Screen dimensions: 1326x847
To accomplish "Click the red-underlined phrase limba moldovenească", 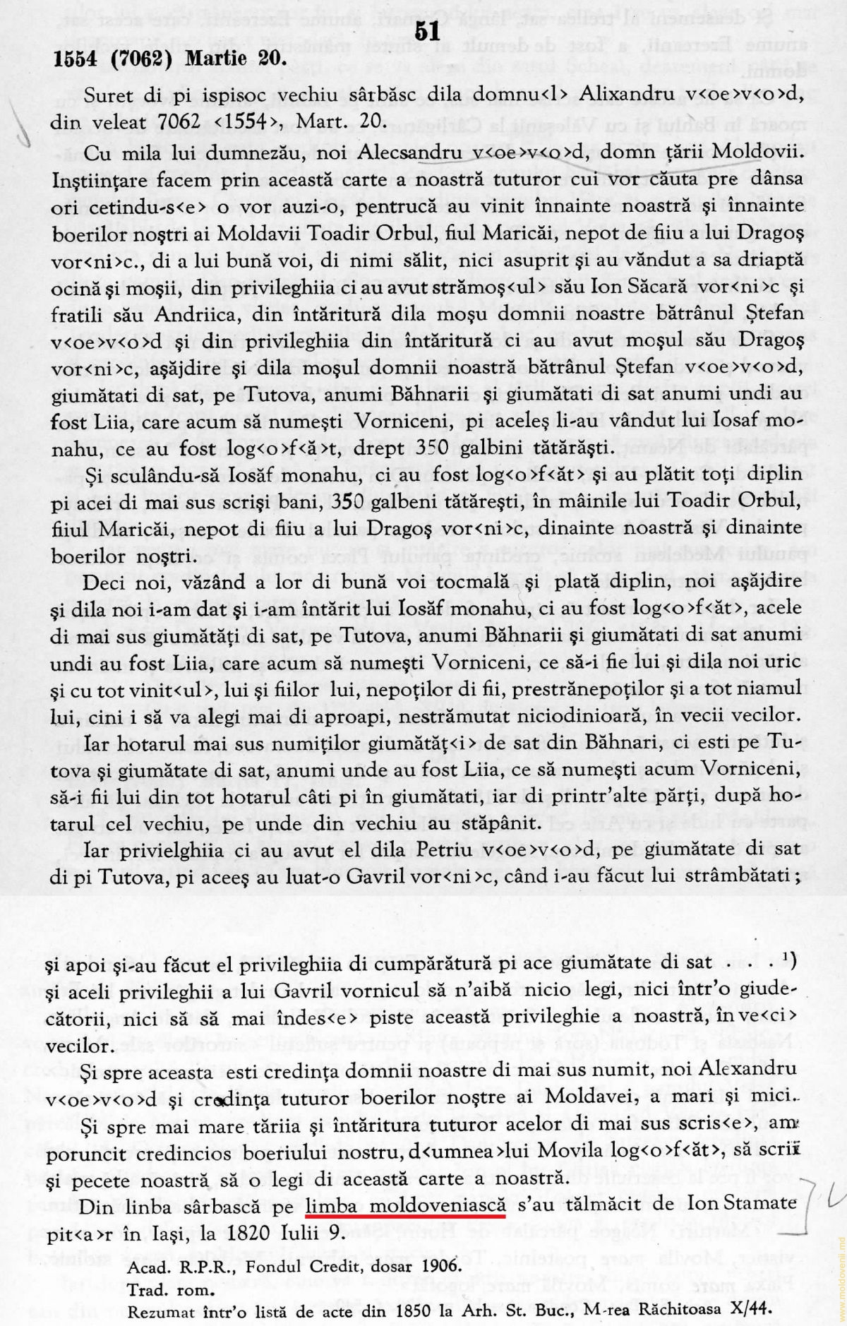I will point(406,1205).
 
